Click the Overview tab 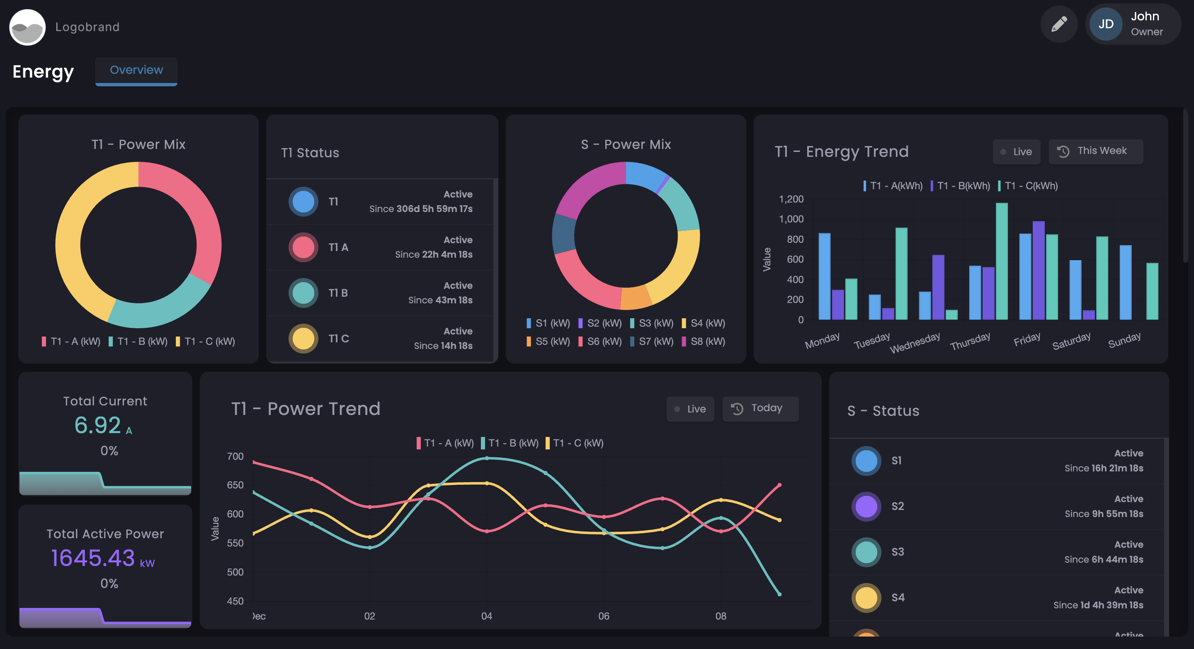pyautogui.click(x=136, y=71)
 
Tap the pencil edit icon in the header pyautogui.click(x=1059, y=24)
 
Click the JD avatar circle pyautogui.click(x=1106, y=24)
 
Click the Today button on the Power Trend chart pyautogui.click(x=760, y=409)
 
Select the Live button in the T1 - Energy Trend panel pyautogui.click(x=1017, y=152)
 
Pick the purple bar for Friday pyautogui.click(x=1038, y=270)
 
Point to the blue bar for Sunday pyautogui.click(x=1126, y=282)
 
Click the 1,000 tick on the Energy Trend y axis pyautogui.click(x=791, y=219)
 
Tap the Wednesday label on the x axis pyautogui.click(x=915, y=342)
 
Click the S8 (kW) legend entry pyautogui.click(x=703, y=342)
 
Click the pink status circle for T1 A pyautogui.click(x=303, y=247)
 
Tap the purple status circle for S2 pyautogui.click(x=866, y=506)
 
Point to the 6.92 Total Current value pyautogui.click(x=98, y=425)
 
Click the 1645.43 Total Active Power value pyautogui.click(x=93, y=558)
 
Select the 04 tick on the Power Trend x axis pyautogui.click(x=486, y=616)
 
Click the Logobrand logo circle pyautogui.click(x=27, y=27)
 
